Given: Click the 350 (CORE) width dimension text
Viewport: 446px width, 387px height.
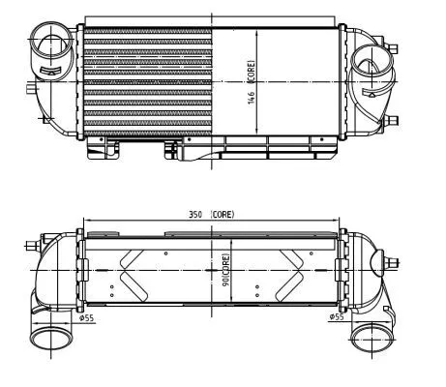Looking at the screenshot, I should pos(212,214).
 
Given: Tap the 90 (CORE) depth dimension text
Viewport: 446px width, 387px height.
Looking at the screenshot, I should pos(225,270).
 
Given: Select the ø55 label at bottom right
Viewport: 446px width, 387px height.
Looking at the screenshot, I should pos(336,316).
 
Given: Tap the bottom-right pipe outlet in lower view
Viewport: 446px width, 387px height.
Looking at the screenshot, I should pos(368,342).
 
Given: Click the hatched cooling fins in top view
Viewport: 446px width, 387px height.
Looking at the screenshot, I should pos(145,82).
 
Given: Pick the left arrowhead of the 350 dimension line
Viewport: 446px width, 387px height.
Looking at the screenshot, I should pos(87,219).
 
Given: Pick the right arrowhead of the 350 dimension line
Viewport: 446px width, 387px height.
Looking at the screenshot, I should pos(338,219).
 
